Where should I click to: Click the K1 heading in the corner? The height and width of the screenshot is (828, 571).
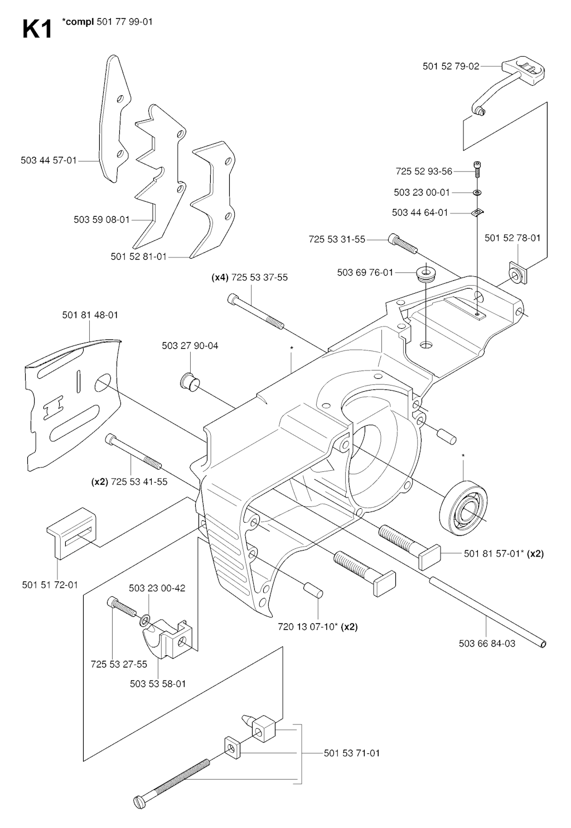tap(37, 30)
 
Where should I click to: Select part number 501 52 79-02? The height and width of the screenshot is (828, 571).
tap(451, 66)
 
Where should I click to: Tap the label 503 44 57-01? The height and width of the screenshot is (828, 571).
tap(49, 160)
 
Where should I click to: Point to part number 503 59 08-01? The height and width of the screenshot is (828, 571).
tap(101, 220)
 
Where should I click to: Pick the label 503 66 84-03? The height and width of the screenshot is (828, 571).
tap(487, 644)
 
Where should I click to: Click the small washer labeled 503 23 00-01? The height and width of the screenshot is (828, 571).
tap(478, 193)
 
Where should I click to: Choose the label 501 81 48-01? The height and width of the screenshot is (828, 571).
tap(90, 315)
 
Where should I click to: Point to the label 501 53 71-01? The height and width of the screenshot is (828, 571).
tap(351, 753)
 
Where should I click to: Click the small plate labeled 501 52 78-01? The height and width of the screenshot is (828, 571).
tap(517, 273)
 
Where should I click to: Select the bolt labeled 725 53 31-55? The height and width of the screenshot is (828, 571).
tap(401, 244)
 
